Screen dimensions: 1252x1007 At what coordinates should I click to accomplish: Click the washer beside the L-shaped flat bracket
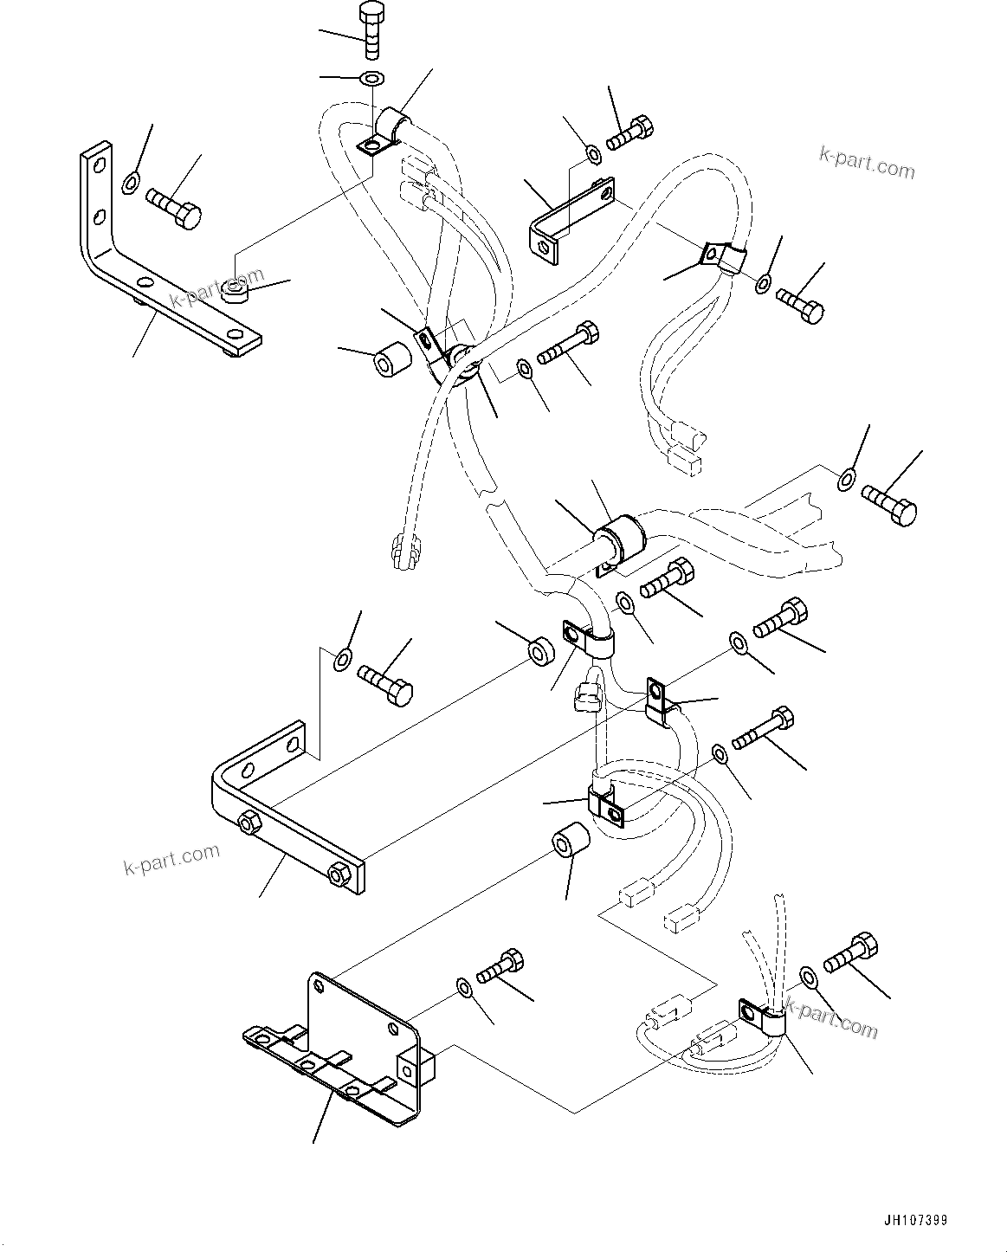[x=131, y=182]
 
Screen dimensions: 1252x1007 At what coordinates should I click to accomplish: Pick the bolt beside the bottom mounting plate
[x=500, y=965]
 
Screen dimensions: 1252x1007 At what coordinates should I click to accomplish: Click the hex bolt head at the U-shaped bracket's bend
[x=249, y=824]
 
